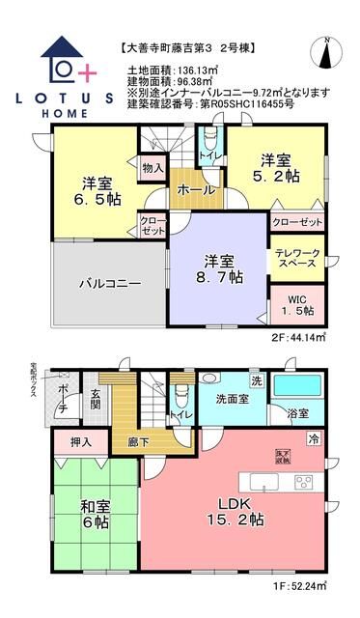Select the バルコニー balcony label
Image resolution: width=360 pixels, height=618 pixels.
[110, 283]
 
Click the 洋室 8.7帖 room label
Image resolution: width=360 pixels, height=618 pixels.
[218, 267]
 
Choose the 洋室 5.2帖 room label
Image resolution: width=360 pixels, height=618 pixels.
[275, 168]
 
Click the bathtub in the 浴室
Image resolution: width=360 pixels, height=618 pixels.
[298, 390]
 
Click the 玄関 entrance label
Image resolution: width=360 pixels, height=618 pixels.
[96, 399]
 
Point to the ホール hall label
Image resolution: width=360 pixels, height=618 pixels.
[196, 190]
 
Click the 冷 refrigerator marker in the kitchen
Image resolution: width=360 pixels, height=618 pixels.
[314, 438]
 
